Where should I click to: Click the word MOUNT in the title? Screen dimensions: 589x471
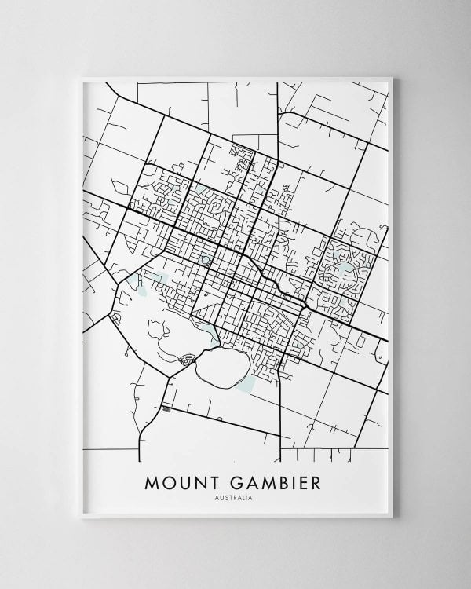pos(183,481)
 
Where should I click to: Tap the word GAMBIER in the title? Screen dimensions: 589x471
pos(274,481)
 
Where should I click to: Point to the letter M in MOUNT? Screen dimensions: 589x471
pos(152,481)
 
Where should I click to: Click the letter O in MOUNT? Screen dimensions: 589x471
pos(169,481)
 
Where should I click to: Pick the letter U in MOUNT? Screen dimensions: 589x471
pos(184,481)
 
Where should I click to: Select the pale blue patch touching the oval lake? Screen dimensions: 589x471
pos(246,383)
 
